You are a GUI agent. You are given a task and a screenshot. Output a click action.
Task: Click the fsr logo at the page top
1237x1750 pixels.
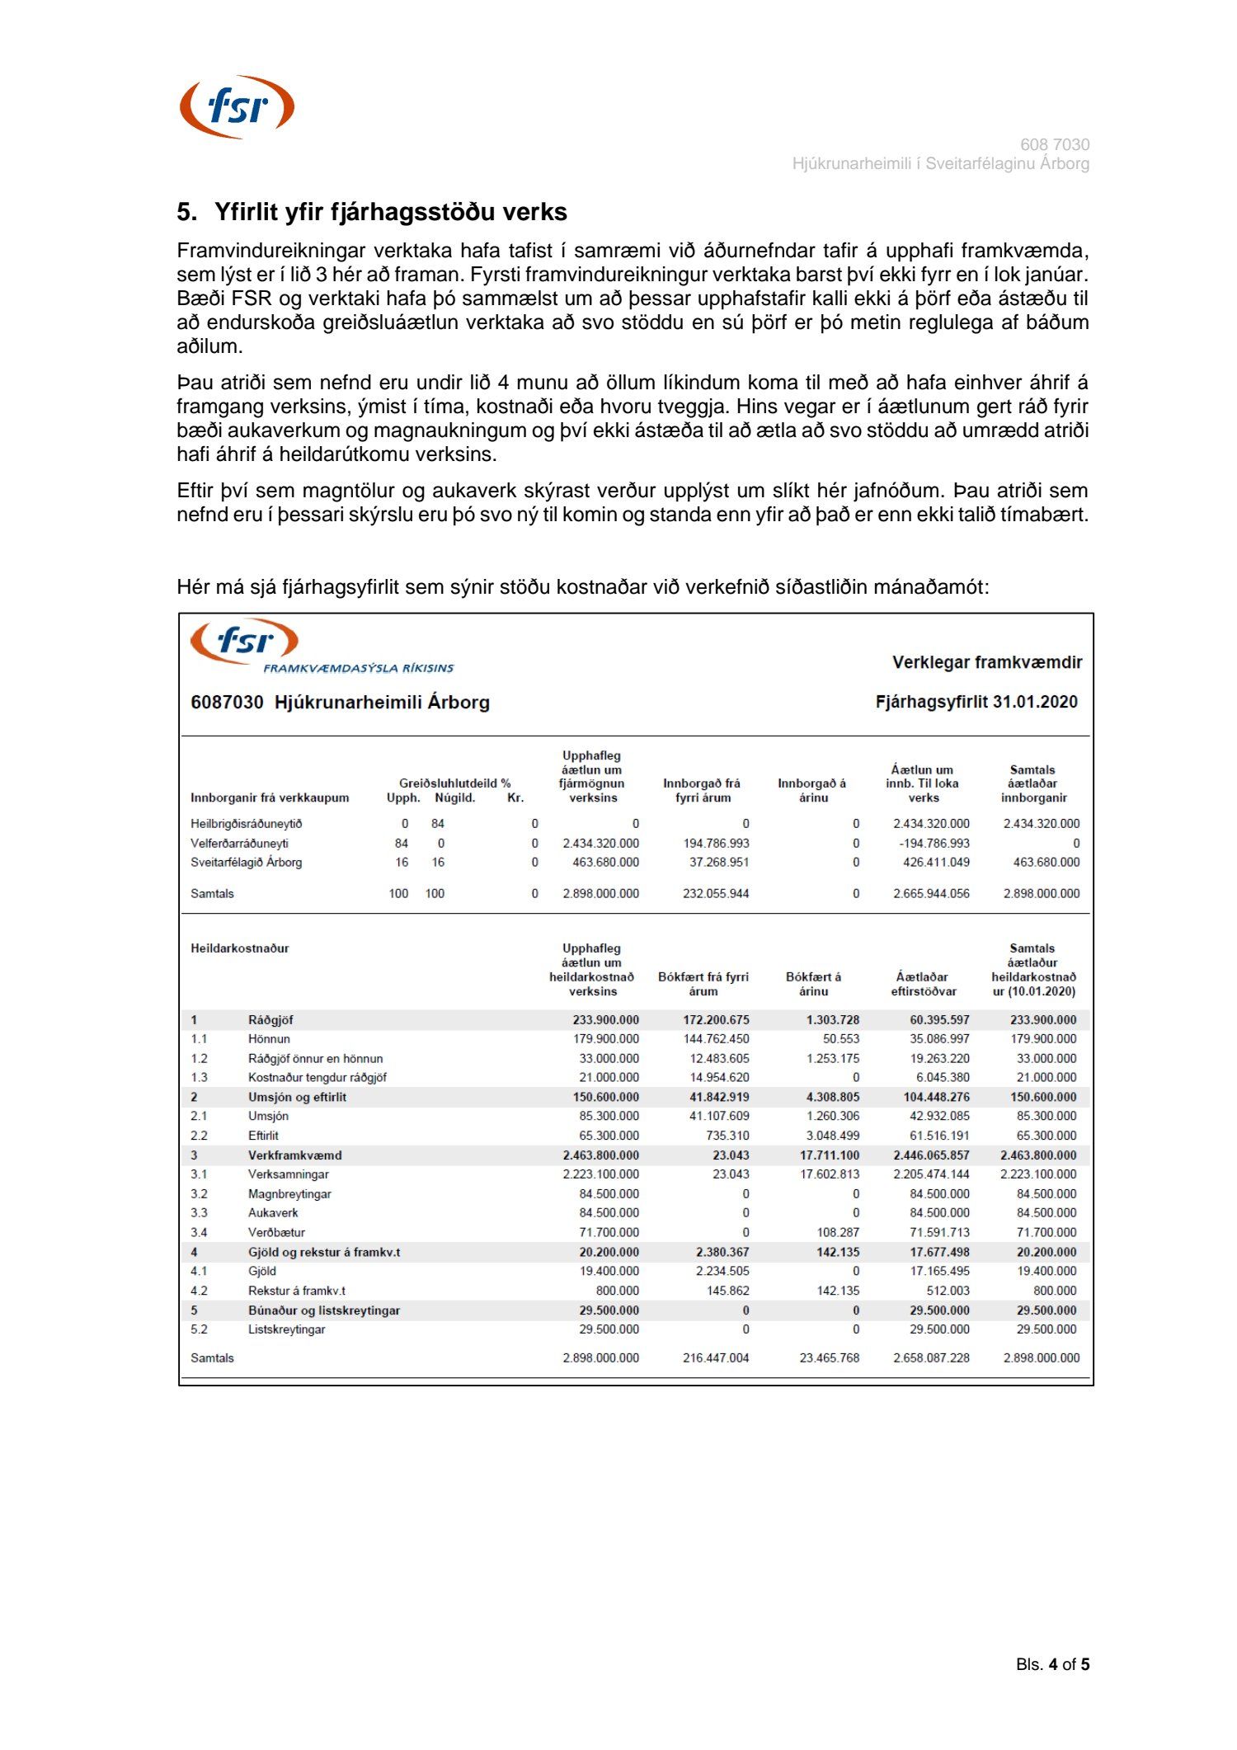237,107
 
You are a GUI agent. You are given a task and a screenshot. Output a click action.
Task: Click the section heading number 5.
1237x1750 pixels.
186,213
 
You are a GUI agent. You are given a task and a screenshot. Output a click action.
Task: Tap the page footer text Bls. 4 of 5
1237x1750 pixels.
1052,1664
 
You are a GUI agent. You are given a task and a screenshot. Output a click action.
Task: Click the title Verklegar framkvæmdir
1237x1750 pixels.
986,662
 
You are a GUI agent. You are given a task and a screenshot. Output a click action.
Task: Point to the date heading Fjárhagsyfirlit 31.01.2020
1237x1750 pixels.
976,702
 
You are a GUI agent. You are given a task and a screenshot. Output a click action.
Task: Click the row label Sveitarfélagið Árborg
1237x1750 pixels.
246,863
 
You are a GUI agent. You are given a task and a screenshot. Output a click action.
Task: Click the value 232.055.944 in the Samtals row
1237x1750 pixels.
715,894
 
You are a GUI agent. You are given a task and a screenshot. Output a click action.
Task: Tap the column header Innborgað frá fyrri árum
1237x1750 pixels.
702,791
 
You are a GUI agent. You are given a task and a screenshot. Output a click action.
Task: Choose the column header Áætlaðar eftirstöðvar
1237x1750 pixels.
923,984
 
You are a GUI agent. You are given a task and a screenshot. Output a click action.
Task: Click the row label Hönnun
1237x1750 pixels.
269,1039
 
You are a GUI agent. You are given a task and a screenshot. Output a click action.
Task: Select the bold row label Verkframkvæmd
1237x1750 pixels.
294,1155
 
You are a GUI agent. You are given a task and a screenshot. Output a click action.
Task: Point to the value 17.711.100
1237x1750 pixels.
829,1155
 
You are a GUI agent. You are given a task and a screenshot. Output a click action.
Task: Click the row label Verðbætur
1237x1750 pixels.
276,1233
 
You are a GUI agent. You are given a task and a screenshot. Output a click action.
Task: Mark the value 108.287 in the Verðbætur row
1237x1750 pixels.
837,1233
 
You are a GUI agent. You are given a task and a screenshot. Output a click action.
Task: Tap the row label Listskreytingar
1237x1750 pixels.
286,1329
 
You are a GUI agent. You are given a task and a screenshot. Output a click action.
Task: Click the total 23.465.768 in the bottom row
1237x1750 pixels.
829,1358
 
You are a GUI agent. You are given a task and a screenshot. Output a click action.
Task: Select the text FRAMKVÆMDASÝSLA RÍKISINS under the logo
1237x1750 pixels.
358,668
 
